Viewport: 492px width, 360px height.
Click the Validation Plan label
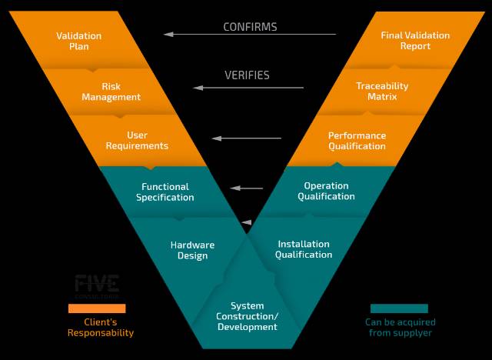(78, 41)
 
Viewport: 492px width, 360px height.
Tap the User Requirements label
(137, 141)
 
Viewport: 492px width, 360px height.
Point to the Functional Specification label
(165, 192)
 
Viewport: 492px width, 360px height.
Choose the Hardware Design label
(192, 250)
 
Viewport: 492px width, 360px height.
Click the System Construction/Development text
(247, 316)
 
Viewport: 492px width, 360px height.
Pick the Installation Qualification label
(304, 249)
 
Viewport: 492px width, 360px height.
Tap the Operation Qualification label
(326, 191)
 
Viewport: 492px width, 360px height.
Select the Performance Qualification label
(357, 141)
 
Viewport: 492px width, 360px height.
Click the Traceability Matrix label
(382, 92)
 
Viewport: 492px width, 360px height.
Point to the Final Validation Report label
(415, 41)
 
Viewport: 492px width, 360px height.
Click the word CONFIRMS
(250, 27)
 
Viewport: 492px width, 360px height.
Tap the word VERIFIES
(247, 75)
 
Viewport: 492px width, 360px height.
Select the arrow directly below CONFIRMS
(250, 34)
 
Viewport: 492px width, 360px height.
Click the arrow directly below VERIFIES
(248, 88)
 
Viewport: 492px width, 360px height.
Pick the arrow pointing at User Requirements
(247, 138)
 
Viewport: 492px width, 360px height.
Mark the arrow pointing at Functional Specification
(247, 188)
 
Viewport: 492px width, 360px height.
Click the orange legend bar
(96, 308)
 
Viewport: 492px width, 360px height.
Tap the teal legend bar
(399, 308)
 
